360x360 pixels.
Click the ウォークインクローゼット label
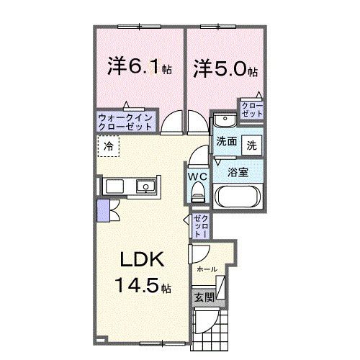coord(125,121)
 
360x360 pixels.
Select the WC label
coord(199,175)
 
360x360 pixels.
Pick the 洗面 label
coord(226,144)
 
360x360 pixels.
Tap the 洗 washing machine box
coord(252,144)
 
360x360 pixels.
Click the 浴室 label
coord(238,172)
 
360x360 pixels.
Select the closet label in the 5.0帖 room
coord(252,110)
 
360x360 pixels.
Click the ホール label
coord(207,268)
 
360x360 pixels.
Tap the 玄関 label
coord(201,297)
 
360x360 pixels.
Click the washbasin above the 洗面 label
coord(225,121)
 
